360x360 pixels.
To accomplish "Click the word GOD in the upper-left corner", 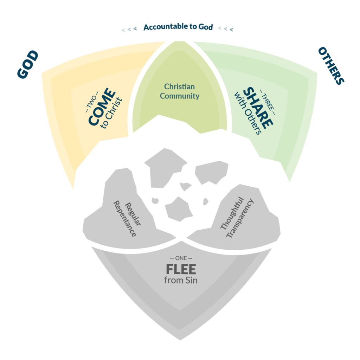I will pos(28,64).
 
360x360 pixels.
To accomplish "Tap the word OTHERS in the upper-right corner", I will pos(331,66).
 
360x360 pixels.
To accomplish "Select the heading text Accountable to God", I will pos(178,27).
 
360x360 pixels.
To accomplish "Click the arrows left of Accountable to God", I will pos(129,29).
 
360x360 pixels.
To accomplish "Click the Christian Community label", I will pos(180,91).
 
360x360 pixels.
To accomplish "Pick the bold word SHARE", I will pos(258,107).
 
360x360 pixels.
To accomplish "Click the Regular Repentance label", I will pos(125,219).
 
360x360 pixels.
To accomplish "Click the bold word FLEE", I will pos(181,270).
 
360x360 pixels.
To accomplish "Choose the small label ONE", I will pos(181,259).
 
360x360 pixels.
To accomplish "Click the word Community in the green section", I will pos(180,96).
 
